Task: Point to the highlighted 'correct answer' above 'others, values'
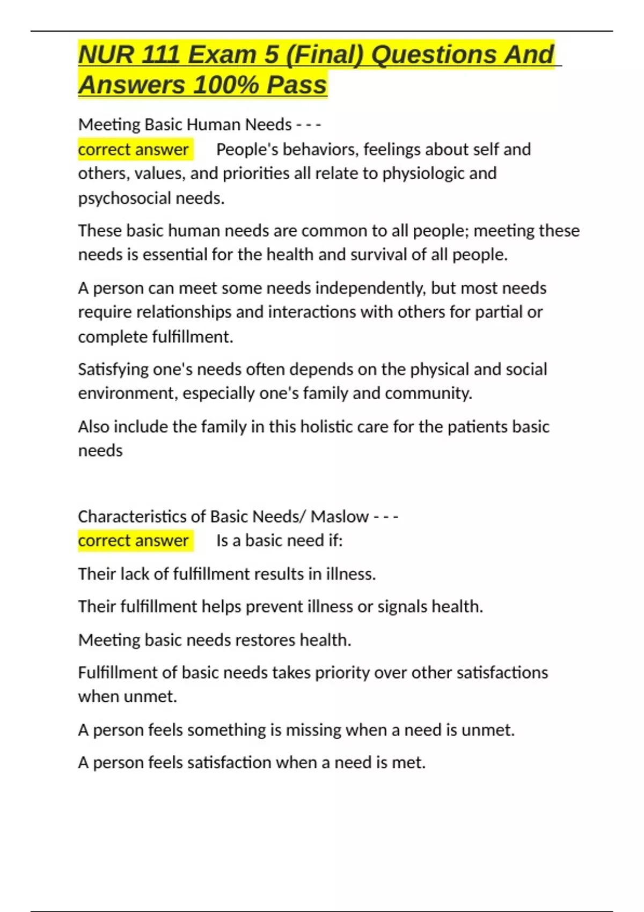point(133,149)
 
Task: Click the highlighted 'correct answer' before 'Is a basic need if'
point(133,540)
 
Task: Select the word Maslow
point(339,516)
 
